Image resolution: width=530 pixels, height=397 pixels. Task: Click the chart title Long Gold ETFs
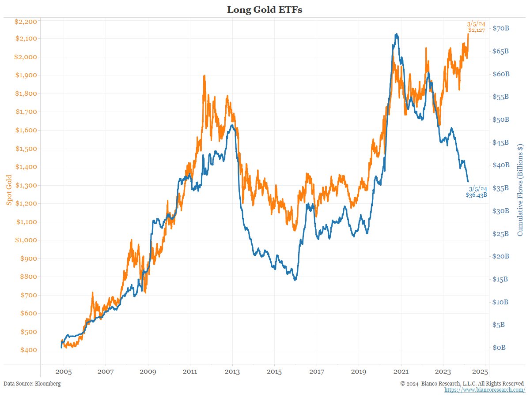click(x=265, y=9)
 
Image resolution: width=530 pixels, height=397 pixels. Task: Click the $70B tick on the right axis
click(x=501, y=28)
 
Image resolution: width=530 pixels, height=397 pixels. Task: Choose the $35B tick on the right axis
click(x=501, y=188)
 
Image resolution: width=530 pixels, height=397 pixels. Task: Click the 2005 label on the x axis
click(x=64, y=372)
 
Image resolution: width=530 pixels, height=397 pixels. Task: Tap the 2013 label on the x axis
click(x=232, y=372)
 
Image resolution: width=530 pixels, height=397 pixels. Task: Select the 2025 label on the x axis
click(x=485, y=372)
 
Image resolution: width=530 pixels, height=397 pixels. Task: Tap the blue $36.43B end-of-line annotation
click(x=477, y=195)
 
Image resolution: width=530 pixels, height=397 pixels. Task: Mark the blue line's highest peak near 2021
click(x=397, y=34)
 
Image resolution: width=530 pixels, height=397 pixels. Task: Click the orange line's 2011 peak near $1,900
click(x=204, y=75)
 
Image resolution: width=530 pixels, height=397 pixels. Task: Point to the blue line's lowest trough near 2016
click(x=295, y=280)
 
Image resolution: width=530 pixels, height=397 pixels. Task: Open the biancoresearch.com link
click(x=485, y=390)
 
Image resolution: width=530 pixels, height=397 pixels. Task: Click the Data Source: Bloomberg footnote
click(x=32, y=383)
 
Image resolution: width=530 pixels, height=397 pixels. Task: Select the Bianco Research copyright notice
click(x=462, y=383)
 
